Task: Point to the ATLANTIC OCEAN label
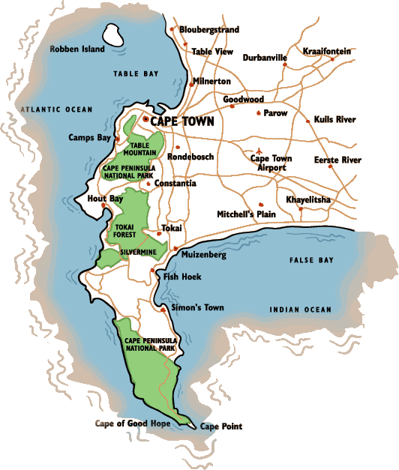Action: click(x=57, y=109)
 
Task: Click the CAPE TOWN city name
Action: click(x=182, y=121)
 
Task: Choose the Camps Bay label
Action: click(x=89, y=138)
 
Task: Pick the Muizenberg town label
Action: click(x=204, y=255)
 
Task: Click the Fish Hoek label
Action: click(x=182, y=277)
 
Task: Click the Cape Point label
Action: click(x=221, y=427)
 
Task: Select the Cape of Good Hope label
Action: click(x=133, y=424)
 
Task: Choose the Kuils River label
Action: click(x=334, y=119)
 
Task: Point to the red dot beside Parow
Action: click(x=259, y=114)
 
